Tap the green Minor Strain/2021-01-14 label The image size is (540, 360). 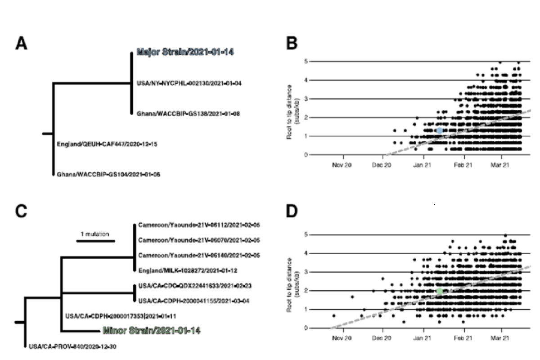point(151,331)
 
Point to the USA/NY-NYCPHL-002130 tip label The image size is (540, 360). point(189,83)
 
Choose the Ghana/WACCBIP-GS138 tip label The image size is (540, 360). point(188,114)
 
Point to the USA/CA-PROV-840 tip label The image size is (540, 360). point(72,346)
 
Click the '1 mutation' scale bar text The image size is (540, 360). point(95,234)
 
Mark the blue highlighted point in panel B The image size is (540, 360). point(440,130)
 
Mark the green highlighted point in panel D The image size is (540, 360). point(440,292)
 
